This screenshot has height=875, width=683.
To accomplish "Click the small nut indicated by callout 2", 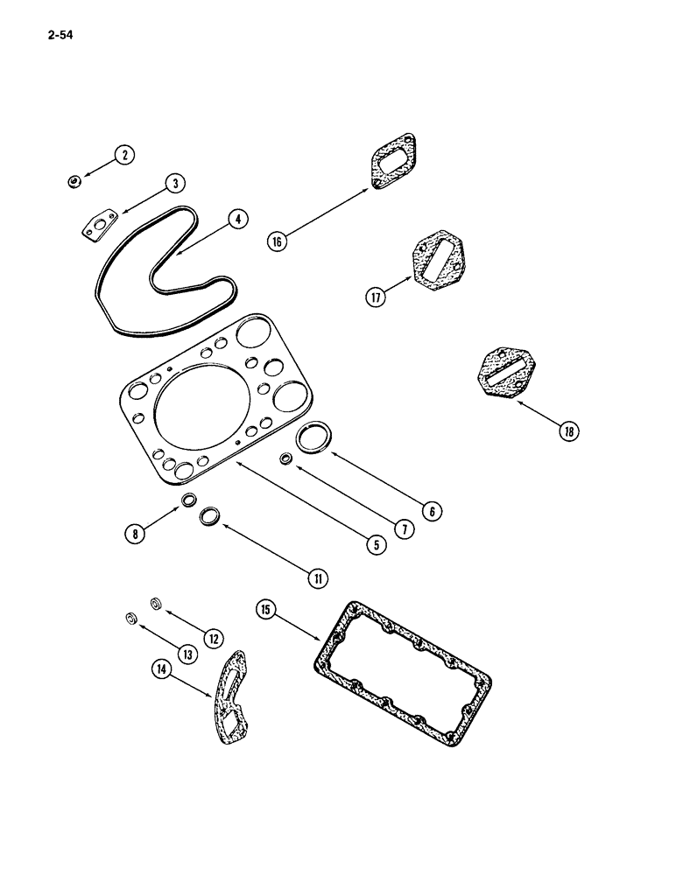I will [74, 181].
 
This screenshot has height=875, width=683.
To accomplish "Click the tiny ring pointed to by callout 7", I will [285, 458].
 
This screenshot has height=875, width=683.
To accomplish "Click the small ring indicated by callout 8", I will [188, 500].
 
